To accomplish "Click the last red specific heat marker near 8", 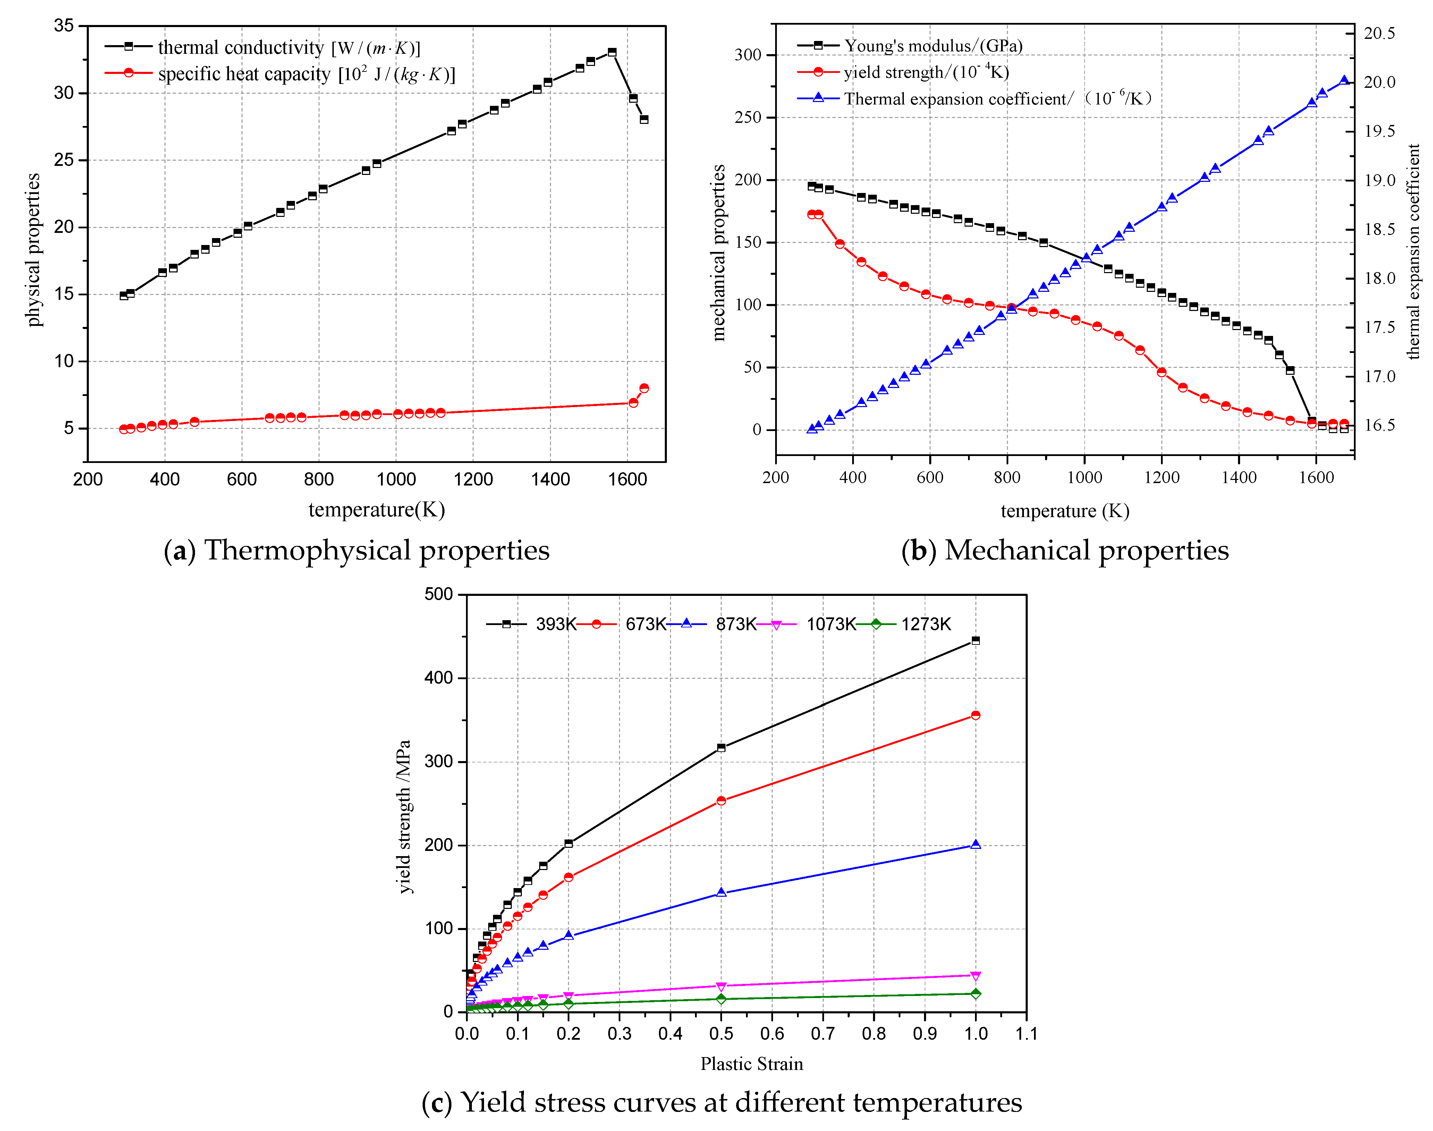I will (x=643, y=388).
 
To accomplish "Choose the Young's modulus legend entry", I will (x=910, y=46).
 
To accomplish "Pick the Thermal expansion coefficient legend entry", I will (x=973, y=99).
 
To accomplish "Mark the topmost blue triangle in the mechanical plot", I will (x=1343, y=81).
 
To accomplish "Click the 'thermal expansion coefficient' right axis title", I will (x=1413, y=252).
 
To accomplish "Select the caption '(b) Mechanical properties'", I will (x=1064, y=550).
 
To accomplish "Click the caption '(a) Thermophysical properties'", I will (x=356, y=550).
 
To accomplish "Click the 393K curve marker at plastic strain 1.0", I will (x=975, y=640).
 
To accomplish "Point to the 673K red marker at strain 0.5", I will (x=721, y=801).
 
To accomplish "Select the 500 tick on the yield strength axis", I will (x=438, y=594).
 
